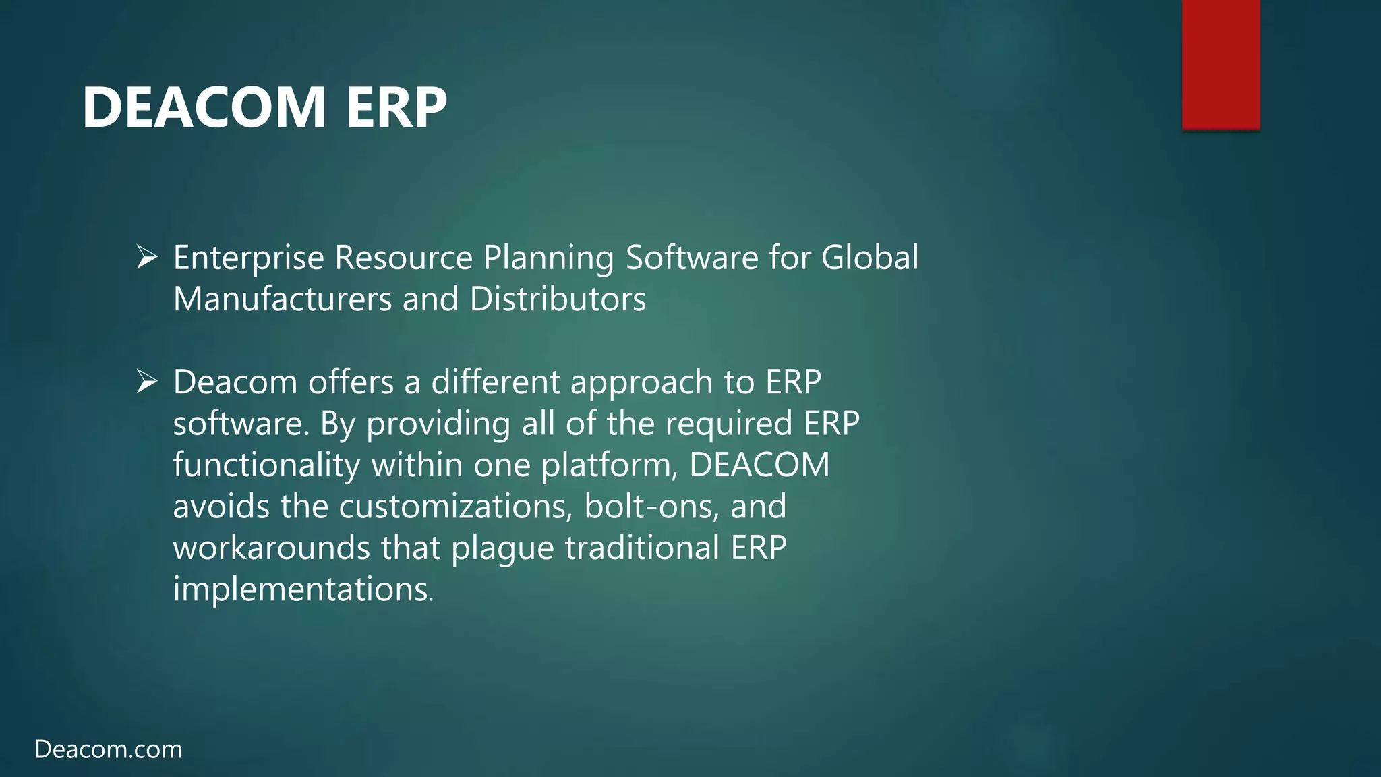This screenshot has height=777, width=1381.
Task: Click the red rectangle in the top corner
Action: [x=1221, y=64]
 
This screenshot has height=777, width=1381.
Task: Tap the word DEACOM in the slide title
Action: [x=204, y=108]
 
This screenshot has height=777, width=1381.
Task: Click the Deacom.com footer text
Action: [x=109, y=749]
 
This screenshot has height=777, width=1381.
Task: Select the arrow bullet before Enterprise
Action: [x=147, y=257]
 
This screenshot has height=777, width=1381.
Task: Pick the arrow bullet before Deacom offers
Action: [x=147, y=382]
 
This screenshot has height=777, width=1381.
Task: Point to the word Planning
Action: [x=548, y=258]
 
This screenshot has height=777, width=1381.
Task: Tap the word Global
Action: [x=869, y=258]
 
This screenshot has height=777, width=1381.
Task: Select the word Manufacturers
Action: [x=283, y=299]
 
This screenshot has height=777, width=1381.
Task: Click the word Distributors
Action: [x=558, y=299]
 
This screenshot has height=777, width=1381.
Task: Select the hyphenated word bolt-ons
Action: [x=651, y=507]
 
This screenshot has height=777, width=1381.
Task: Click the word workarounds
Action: [x=272, y=548]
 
